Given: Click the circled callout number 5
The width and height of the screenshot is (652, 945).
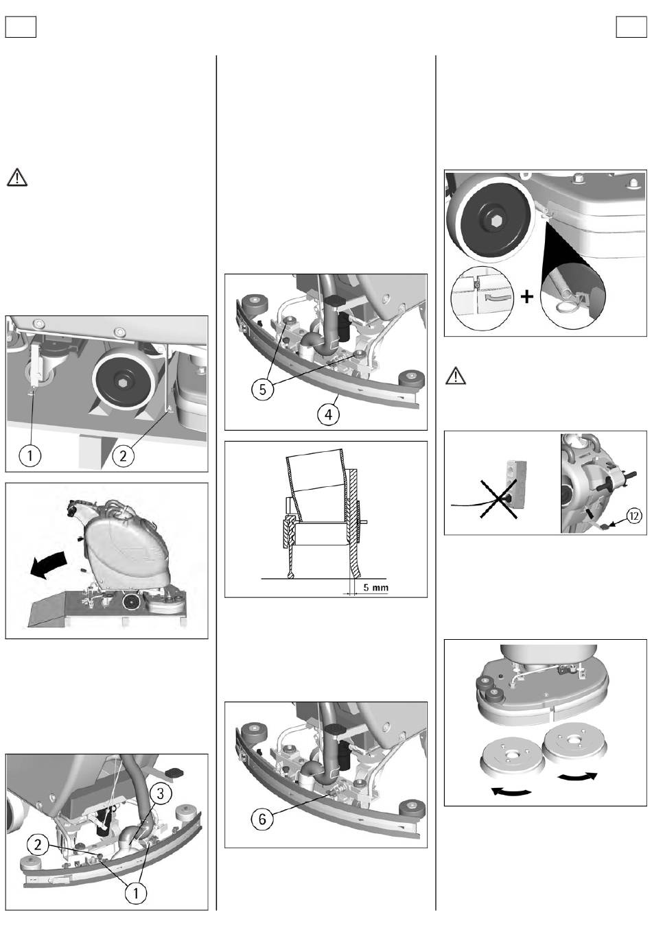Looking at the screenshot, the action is pyautogui.click(x=261, y=389).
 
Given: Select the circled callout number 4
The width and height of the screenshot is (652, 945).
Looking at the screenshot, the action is pyautogui.click(x=329, y=415).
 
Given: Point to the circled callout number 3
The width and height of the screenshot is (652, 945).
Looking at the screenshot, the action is pyautogui.click(x=159, y=794).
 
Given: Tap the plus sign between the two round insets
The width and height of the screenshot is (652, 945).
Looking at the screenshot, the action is pyautogui.click(x=526, y=298).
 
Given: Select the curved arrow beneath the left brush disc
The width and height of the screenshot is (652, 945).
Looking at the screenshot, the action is pyautogui.click(x=512, y=791).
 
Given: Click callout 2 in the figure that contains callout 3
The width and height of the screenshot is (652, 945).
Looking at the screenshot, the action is pyautogui.click(x=38, y=846).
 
